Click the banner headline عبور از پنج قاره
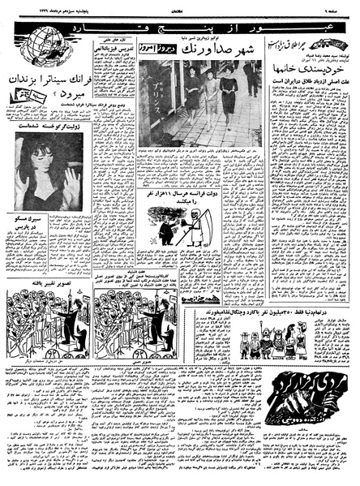(163, 37)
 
